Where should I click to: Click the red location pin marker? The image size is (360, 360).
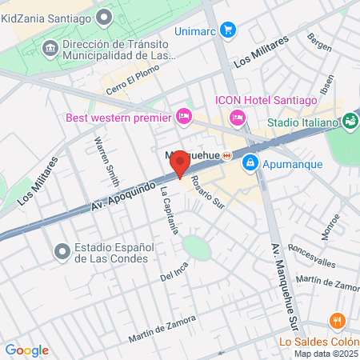pyautogui.click(x=180, y=163)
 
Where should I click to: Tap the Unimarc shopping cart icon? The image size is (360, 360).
pyautogui.click(x=230, y=30)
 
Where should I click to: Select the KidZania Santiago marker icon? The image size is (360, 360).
pyautogui.click(x=103, y=16)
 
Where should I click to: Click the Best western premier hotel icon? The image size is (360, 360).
pyautogui.click(x=183, y=118)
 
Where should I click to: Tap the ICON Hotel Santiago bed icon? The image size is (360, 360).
pyautogui.click(x=237, y=118)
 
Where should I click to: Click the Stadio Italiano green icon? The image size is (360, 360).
pyautogui.click(x=350, y=122)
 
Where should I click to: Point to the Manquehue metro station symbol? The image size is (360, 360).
pyautogui.click(x=227, y=155)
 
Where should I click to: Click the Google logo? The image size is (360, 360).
pyautogui.click(x=26, y=350)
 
